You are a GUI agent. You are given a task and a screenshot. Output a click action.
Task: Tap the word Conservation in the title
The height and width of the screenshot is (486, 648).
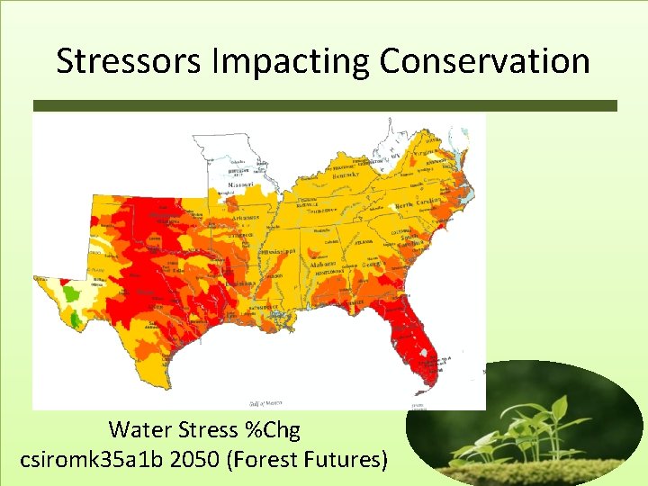tap(484, 61)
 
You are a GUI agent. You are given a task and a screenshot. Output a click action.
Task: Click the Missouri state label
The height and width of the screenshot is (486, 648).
tap(240, 184)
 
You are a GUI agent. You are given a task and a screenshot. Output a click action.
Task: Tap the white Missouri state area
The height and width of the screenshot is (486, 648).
tap(229, 157)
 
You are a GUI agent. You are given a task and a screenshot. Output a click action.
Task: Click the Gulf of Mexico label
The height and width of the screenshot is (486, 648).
tap(266, 401)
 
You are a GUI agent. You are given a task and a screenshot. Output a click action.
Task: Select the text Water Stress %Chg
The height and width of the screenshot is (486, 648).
tap(203, 429)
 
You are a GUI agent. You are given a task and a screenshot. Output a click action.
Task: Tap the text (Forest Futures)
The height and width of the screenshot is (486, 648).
tap(309, 459)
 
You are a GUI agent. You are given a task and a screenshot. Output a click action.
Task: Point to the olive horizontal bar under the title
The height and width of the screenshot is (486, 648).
tap(324, 105)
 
